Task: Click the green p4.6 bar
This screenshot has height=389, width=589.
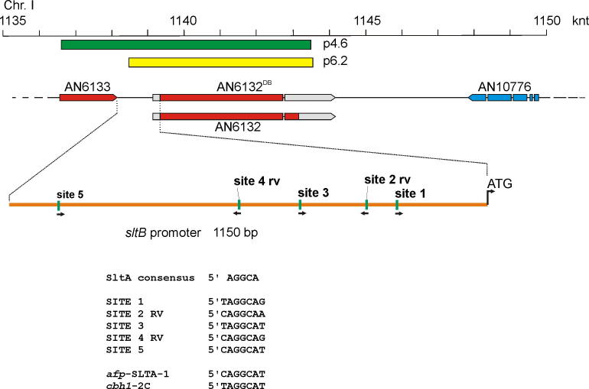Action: (x=186, y=45)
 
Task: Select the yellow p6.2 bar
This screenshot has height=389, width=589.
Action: (x=221, y=62)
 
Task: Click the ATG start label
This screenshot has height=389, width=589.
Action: (x=499, y=184)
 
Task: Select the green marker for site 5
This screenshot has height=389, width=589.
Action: (x=59, y=204)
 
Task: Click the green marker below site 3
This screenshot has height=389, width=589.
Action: (x=300, y=204)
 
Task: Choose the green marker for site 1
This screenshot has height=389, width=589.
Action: (x=397, y=204)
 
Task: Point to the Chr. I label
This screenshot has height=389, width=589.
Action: (x=18, y=7)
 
